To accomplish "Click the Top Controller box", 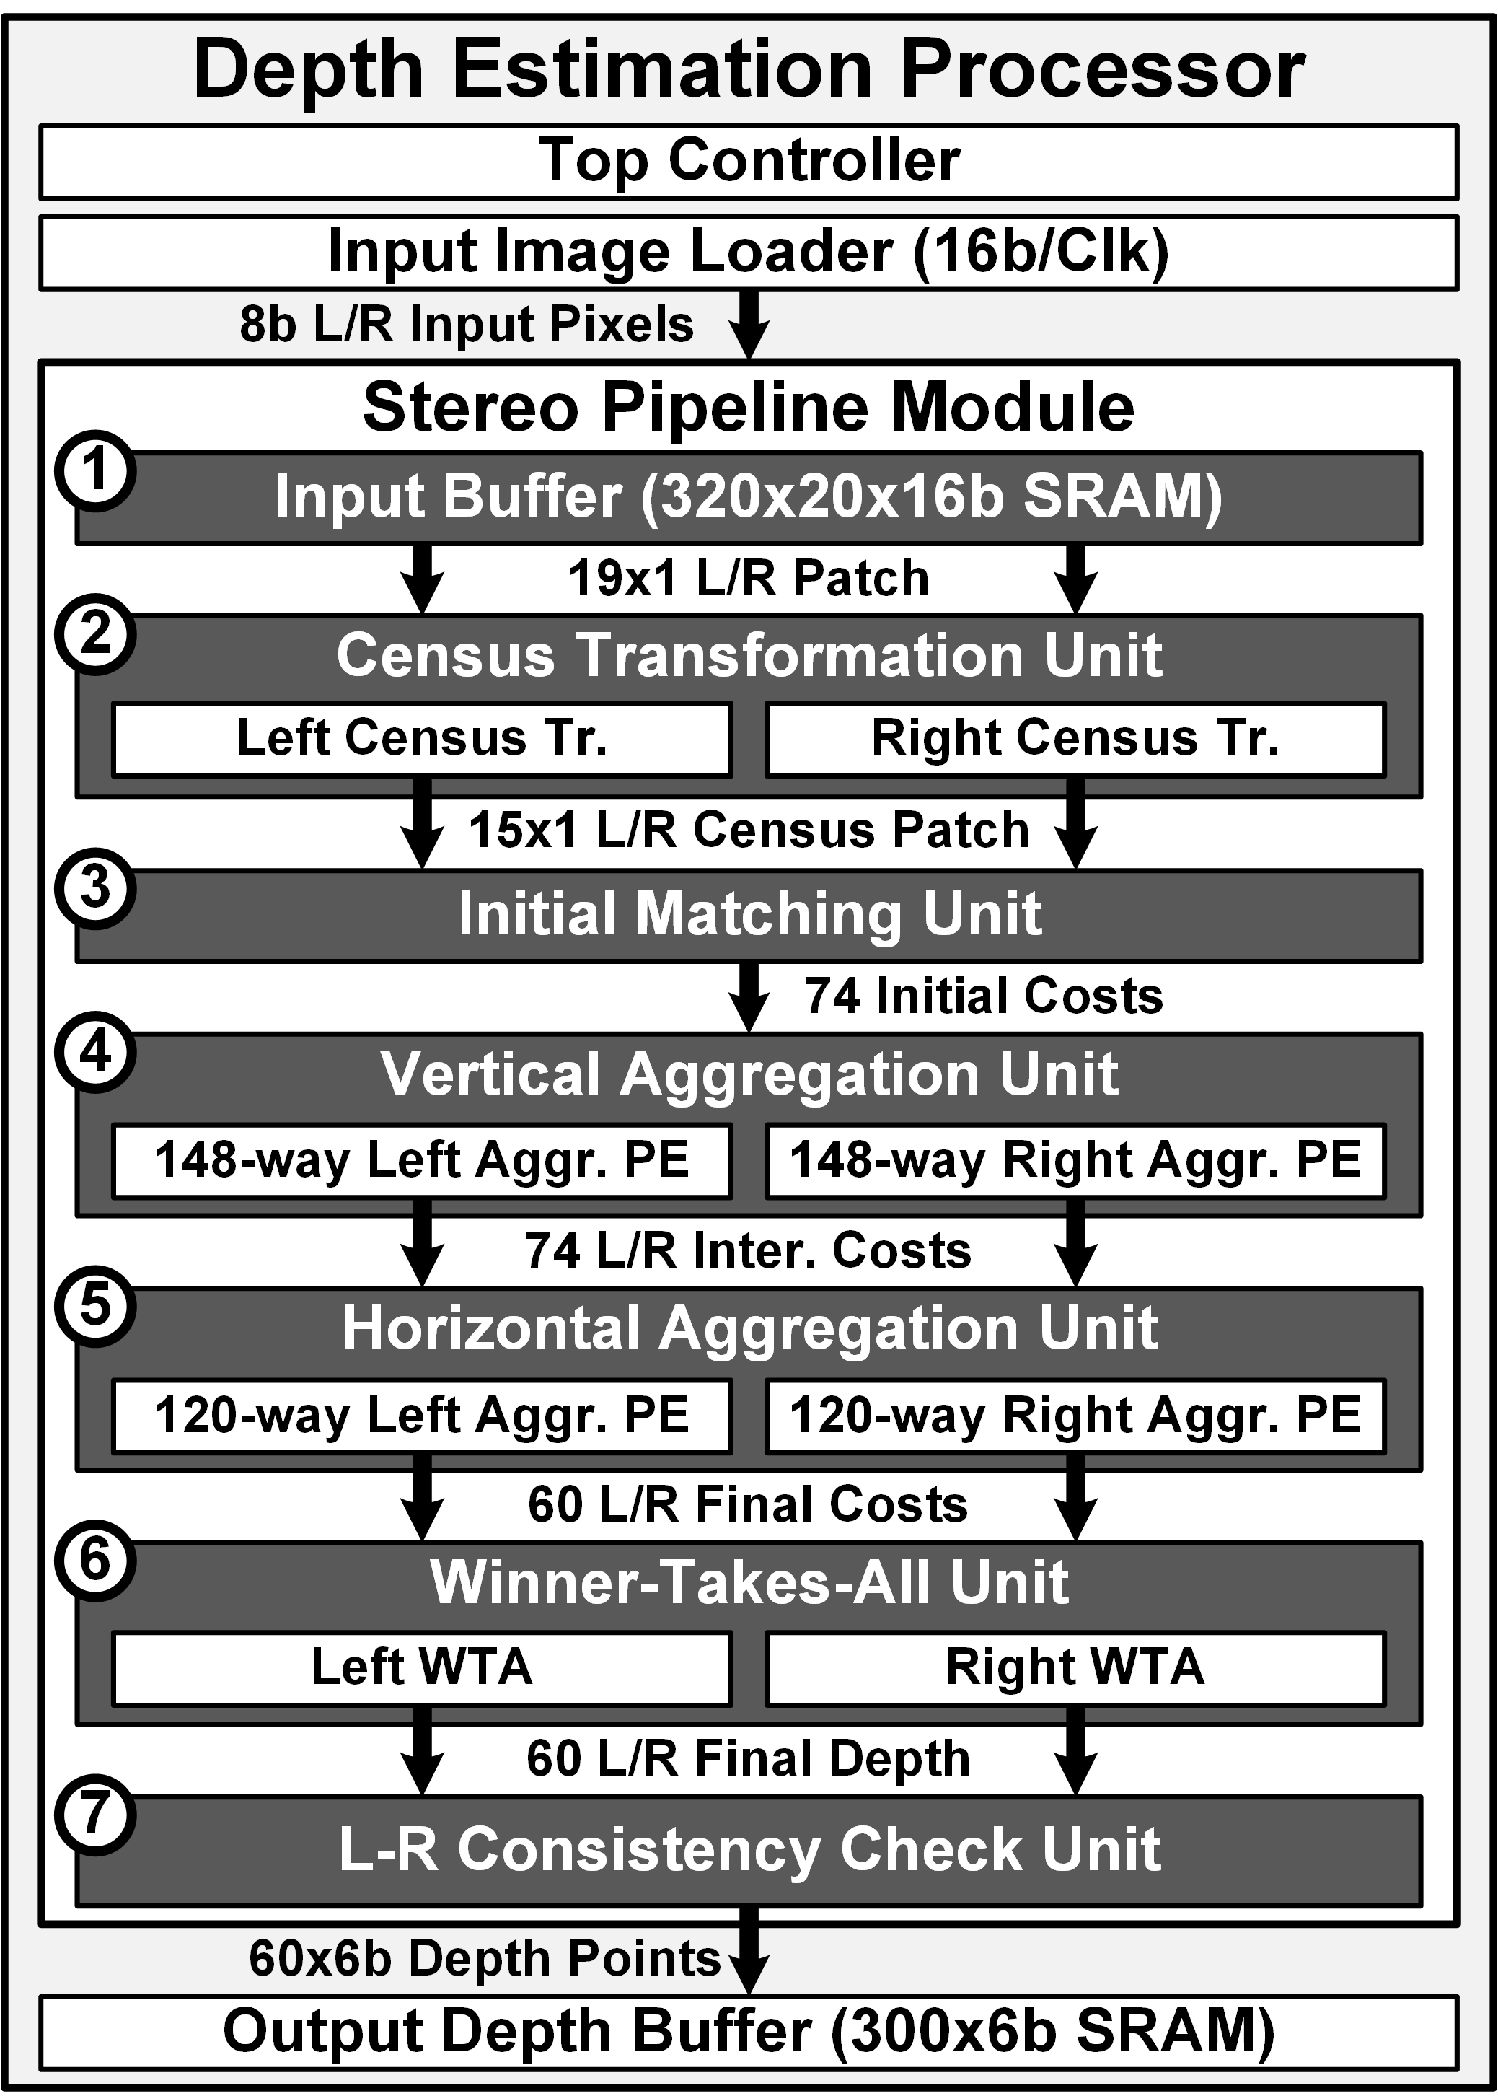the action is click(748, 162).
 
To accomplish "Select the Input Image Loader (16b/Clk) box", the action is click(748, 252).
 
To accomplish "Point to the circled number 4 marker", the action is click(96, 1052).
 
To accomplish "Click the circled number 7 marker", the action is click(96, 1815).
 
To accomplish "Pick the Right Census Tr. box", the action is click(1075, 739).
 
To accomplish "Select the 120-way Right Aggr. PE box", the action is click(1075, 1415).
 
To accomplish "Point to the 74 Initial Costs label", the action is click(984, 996).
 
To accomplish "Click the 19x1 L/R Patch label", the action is click(748, 579).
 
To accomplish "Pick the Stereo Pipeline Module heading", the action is click(748, 407).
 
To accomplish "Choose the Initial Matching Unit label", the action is click(750, 914).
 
